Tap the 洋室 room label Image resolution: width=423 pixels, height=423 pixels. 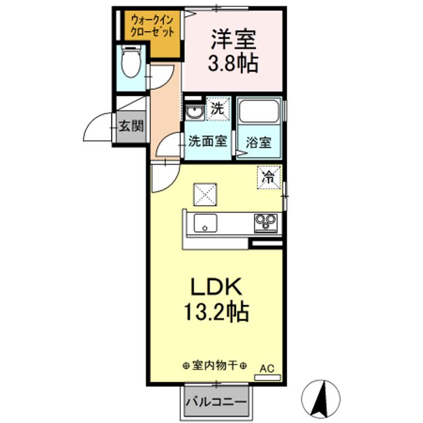(233, 39)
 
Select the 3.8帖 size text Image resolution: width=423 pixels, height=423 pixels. (233, 64)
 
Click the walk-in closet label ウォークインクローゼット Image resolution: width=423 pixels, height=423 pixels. (152, 26)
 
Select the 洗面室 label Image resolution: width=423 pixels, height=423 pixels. (207, 142)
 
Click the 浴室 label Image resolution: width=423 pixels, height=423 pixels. (258, 142)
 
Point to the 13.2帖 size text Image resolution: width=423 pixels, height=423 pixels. (215, 311)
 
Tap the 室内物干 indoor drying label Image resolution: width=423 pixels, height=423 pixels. (214, 365)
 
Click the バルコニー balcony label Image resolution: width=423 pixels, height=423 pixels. (216, 403)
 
